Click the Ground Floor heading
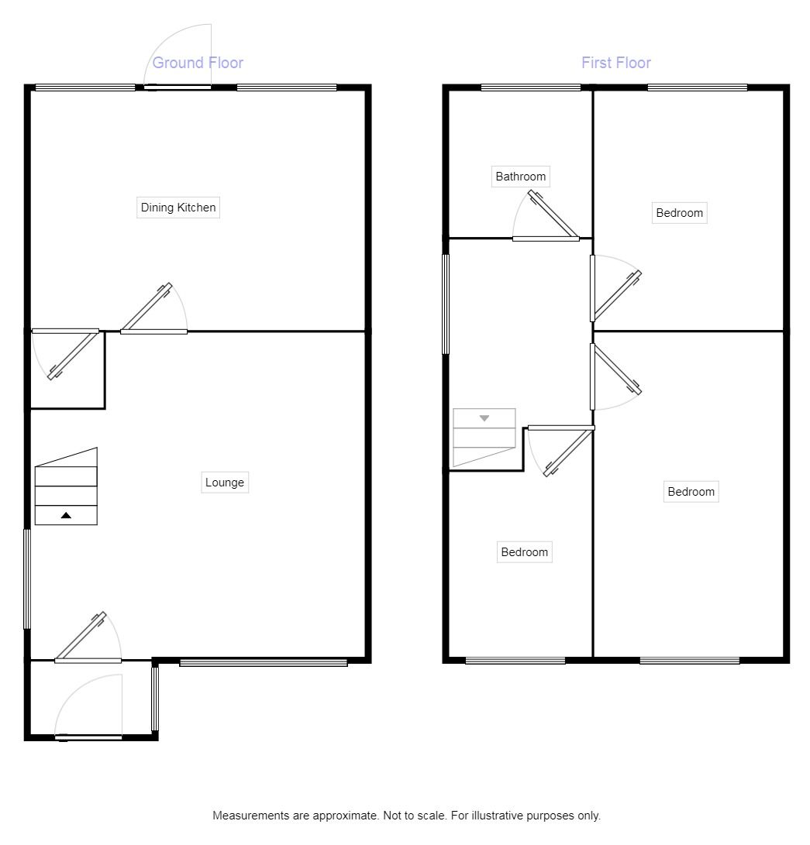pos(198,63)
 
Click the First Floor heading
pos(616,63)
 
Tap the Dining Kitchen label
pos(178,208)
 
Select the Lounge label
pos(225,483)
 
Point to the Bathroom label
pos(521,177)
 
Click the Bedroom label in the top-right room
pos(680,213)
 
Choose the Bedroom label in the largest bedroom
pos(691,492)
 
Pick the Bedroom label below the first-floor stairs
pos(525,552)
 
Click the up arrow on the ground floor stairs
pos(66,515)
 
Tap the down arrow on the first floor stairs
pos(484,418)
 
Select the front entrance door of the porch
pos(88,737)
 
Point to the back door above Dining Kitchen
pos(178,87)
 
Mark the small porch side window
pos(154,699)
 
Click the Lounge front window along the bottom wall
pos(264,662)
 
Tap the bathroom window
pos(531,88)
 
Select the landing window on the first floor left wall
pos(446,304)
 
